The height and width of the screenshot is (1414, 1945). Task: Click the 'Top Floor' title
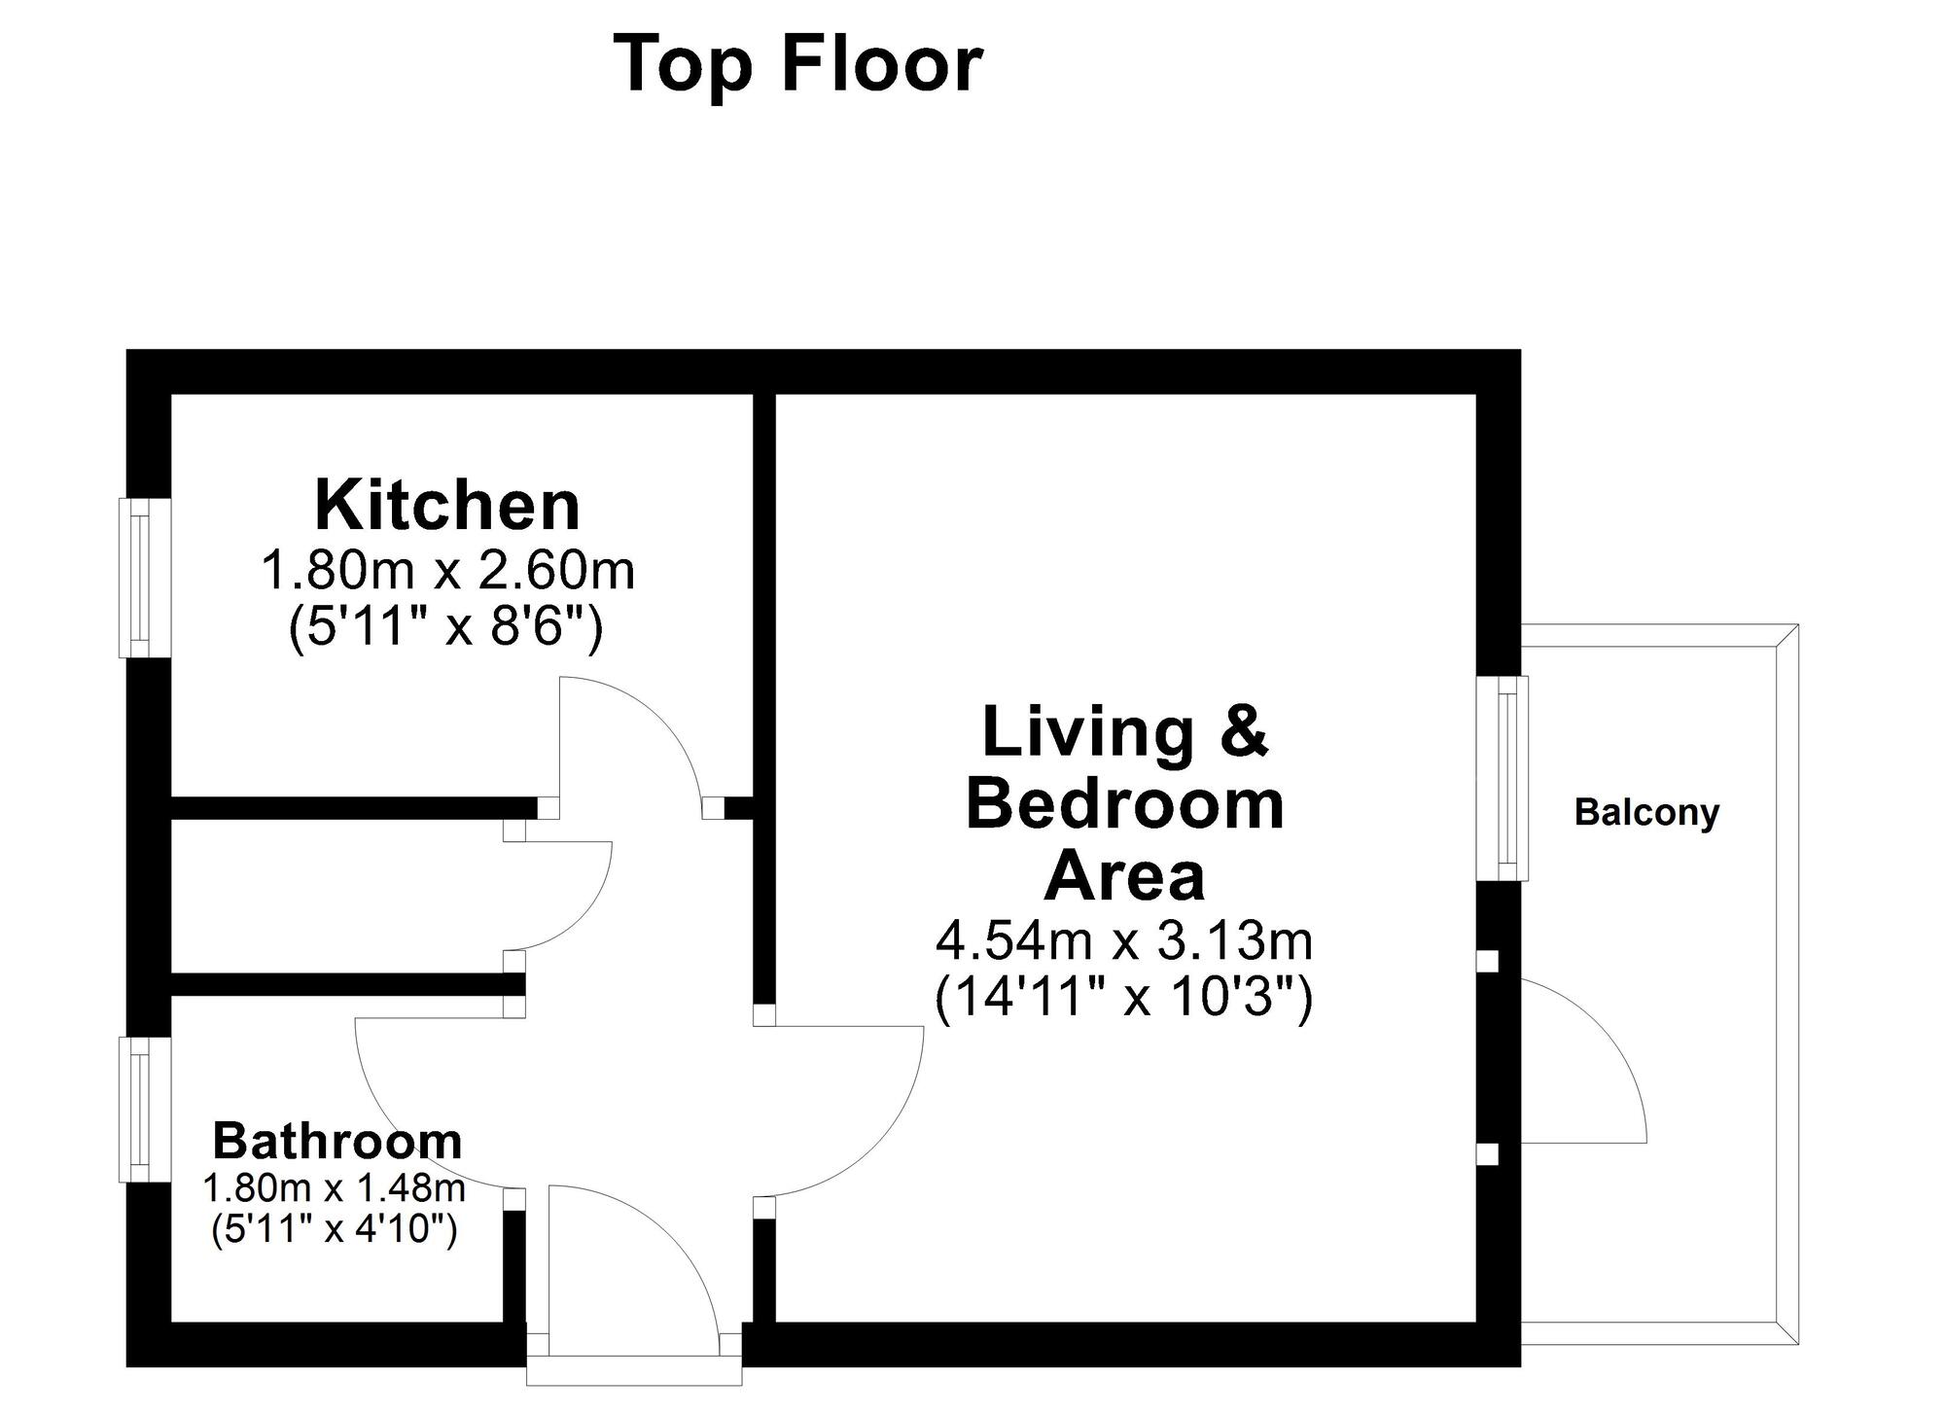pyautogui.click(x=797, y=65)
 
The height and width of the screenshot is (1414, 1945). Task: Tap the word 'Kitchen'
pyautogui.click(x=447, y=506)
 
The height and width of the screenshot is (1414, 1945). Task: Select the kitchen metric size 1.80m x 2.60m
pyautogui.click(x=447, y=571)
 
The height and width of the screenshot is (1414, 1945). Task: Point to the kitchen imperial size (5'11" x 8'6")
pyautogui.click(x=446, y=628)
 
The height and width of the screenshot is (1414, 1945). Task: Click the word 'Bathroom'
pyautogui.click(x=336, y=1141)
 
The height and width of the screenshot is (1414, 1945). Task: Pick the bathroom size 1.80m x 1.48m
pyautogui.click(x=334, y=1187)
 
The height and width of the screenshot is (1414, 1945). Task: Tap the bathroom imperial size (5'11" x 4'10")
pyautogui.click(x=334, y=1230)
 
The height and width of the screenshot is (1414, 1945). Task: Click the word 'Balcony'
pyautogui.click(x=1646, y=812)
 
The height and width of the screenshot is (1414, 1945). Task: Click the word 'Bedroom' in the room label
pyautogui.click(x=1124, y=805)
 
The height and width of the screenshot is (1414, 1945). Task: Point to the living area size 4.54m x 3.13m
pyautogui.click(x=1124, y=941)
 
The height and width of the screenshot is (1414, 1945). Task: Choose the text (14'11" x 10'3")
pyautogui.click(x=1124, y=998)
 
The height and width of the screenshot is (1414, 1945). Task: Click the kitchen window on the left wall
pyautogui.click(x=144, y=578)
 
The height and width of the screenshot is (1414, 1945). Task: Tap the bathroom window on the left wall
pyautogui.click(x=144, y=1110)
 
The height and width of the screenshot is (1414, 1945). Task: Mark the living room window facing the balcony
pyautogui.click(x=1503, y=778)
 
